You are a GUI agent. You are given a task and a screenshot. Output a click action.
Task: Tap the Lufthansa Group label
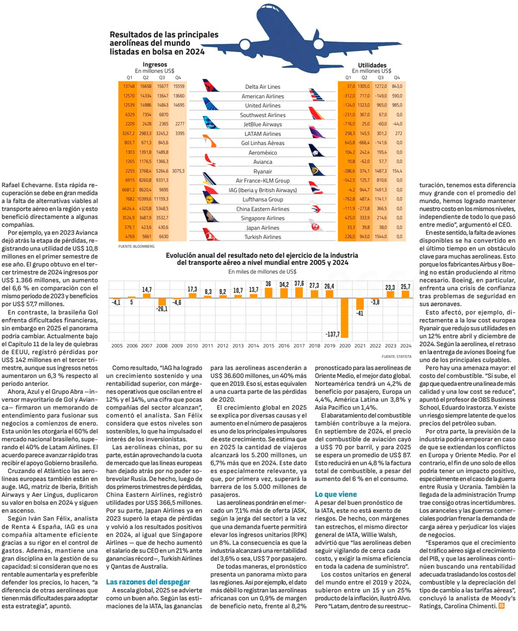263,199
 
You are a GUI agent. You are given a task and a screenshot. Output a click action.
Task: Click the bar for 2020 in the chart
343,321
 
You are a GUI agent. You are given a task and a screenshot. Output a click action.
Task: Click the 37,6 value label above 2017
299,283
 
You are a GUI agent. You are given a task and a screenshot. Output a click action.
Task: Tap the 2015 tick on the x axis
268,345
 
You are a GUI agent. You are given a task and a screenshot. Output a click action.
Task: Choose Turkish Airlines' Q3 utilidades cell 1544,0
382,237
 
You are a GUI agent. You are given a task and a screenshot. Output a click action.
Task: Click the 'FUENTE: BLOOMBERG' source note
137,247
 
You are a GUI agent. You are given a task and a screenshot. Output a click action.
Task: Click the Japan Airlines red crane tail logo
316,227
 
